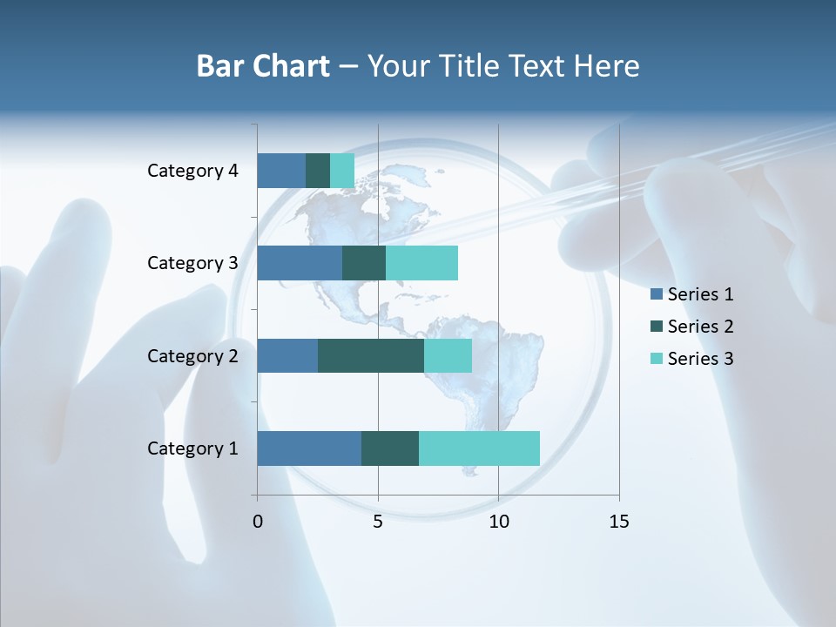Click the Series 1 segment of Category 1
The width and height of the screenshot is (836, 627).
click(309, 448)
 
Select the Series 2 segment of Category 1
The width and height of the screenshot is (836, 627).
click(390, 448)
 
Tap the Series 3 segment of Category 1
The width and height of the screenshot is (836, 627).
click(479, 448)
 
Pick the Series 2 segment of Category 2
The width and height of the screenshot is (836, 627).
click(371, 355)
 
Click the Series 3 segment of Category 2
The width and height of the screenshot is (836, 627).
click(448, 355)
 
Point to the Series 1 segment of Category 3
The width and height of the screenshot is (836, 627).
click(300, 263)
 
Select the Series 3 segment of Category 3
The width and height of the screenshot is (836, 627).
click(421, 263)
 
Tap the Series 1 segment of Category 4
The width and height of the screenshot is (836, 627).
click(281, 171)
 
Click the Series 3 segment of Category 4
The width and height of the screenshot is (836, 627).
click(342, 171)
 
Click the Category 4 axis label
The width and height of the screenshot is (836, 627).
click(192, 171)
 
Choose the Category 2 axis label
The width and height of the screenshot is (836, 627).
click(192, 355)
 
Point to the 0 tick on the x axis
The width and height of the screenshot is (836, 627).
click(258, 522)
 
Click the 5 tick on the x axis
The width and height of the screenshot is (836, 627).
click(378, 522)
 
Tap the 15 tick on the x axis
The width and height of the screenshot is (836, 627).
click(619, 522)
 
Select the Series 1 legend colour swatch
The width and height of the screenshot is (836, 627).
click(657, 294)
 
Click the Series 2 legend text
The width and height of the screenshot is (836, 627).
click(700, 327)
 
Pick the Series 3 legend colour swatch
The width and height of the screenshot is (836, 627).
click(657, 358)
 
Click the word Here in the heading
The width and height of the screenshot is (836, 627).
click(608, 66)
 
